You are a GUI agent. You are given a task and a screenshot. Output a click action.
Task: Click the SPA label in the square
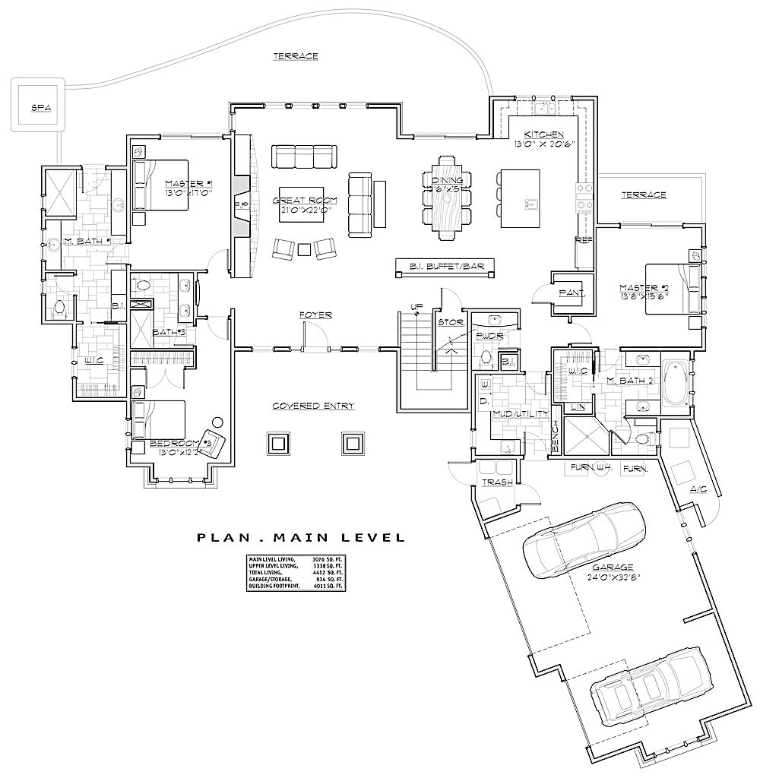click(41, 108)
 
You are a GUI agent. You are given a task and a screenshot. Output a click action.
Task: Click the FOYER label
click(315, 315)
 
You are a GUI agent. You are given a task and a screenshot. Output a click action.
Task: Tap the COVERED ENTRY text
click(313, 406)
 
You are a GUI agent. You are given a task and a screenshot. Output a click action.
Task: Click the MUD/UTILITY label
click(511, 415)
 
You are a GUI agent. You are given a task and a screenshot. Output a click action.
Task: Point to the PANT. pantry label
click(572, 292)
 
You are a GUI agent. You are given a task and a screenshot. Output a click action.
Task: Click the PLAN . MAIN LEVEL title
click(301, 538)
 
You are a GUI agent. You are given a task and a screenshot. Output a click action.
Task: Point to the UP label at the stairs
click(416, 307)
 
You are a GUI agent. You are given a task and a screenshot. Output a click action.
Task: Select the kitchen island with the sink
click(520, 198)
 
